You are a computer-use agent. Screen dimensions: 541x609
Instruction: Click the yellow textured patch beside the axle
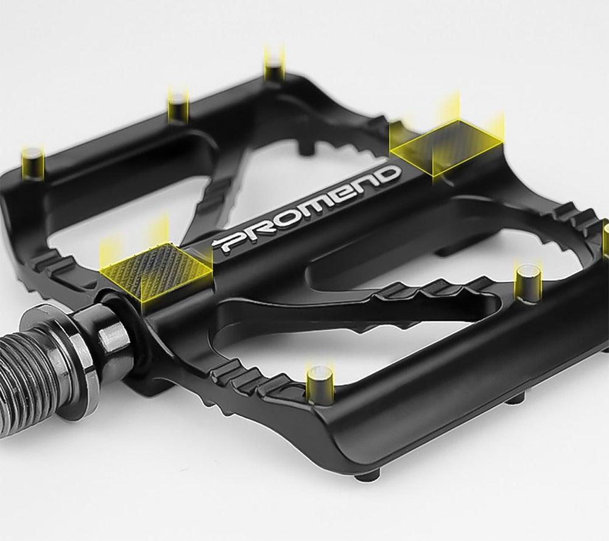click(157, 265)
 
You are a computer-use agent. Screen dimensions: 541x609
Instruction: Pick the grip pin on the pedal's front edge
click(319, 380)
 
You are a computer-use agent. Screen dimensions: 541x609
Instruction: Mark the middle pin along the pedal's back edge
click(178, 106)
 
